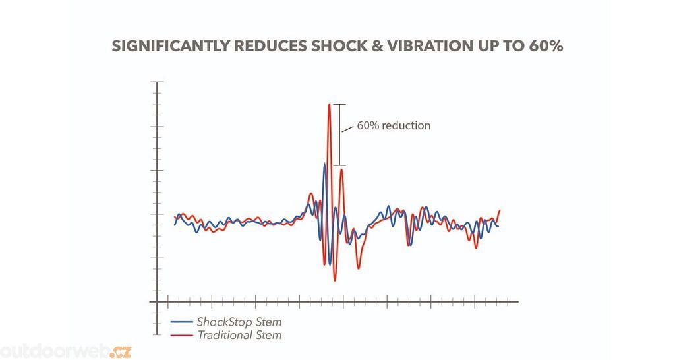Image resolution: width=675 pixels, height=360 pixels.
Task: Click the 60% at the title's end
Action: (546, 46)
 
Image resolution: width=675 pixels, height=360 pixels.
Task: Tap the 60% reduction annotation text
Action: (394, 125)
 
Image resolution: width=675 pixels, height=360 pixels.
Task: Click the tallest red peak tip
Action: (329, 104)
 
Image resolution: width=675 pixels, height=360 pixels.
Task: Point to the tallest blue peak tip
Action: (324, 164)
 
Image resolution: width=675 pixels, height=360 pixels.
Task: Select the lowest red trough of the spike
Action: (335, 280)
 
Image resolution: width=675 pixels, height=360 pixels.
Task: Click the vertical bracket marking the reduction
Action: (339, 135)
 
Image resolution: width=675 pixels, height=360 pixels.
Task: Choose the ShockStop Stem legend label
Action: (239, 322)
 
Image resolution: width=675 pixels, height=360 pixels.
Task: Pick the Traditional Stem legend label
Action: (239, 335)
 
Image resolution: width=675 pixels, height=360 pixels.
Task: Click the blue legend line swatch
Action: (181, 322)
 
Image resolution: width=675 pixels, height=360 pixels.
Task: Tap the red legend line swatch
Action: (181, 335)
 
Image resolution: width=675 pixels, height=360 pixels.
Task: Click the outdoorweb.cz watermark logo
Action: (66, 350)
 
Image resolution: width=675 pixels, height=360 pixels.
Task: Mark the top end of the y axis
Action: (157, 82)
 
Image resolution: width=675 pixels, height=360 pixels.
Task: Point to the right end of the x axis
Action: (518, 301)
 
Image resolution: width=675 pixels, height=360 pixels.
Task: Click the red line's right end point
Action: (500, 210)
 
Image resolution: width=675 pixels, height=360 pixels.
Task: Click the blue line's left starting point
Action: (175, 225)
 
